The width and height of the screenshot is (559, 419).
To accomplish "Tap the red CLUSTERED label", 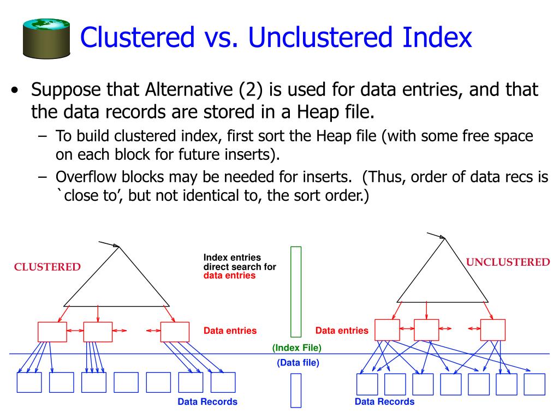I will pyautogui.click(x=47, y=267).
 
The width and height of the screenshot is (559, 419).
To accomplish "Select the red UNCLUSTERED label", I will pyautogui.click(x=508, y=262).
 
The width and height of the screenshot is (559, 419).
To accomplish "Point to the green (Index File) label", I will pyautogui.click(x=297, y=348).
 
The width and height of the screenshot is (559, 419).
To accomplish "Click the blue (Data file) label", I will pyautogui.click(x=298, y=362).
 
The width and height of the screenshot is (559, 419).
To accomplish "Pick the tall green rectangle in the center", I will pyautogui.click(x=296, y=291).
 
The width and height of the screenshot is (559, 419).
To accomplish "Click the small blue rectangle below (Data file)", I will pyautogui.click(x=296, y=390).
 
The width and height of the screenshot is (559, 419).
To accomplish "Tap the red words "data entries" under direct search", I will pyautogui.click(x=229, y=276).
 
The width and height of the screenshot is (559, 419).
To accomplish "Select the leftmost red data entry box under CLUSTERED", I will pyautogui.click(x=52, y=332).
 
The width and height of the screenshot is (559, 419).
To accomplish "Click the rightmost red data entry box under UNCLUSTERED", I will pyautogui.click(x=492, y=330).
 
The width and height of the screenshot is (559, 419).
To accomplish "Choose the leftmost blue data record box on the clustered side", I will pyautogui.click(x=29, y=382).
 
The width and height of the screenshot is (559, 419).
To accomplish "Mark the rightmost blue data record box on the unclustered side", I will pyautogui.click(x=534, y=384).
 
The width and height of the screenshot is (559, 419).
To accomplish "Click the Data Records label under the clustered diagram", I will pyautogui.click(x=207, y=402).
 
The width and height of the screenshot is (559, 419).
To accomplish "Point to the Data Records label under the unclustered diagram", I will pyautogui.click(x=384, y=402).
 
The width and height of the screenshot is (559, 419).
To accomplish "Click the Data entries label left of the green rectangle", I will pyautogui.click(x=230, y=331).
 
